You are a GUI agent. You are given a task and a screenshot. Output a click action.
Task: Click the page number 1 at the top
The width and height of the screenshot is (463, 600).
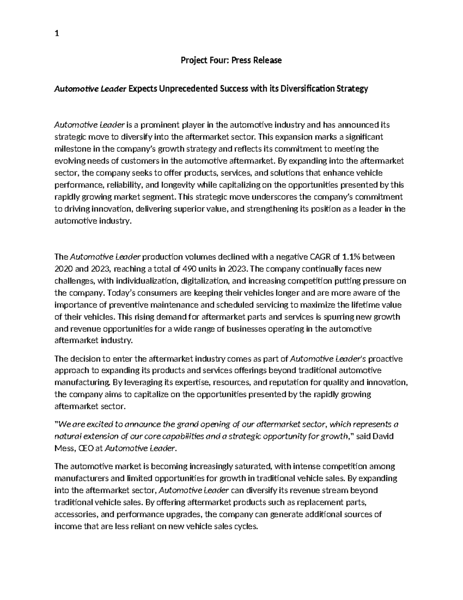tap(57, 34)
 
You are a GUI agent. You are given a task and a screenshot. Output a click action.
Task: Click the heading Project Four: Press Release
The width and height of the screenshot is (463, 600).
tap(231, 60)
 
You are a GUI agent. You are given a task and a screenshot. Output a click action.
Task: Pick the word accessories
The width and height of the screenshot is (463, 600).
tap(75, 515)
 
